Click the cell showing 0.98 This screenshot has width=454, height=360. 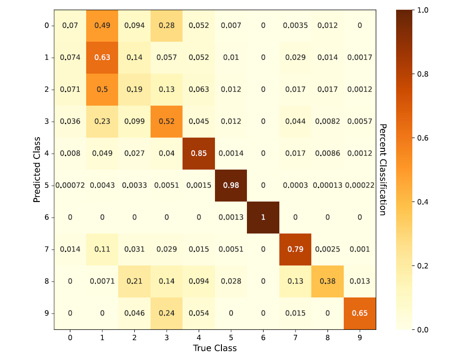[x=231, y=185]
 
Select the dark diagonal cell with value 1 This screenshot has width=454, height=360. [x=263, y=217]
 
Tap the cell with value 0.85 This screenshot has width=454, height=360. [x=199, y=153]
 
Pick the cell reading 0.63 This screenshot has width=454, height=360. [x=102, y=57]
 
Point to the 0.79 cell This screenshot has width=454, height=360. [x=296, y=249]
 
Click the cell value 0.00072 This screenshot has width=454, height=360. [x=70, y=185]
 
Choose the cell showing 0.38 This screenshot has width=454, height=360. [x=328, y=281]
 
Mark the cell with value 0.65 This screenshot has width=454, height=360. [x=360, y=313]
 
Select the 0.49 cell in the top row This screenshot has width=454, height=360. [x=102, y=25]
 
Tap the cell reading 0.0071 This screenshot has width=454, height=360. [x=102, y=281]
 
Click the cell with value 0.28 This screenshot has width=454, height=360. [x=166, y=25]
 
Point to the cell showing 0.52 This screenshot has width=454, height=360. [x=166, y=121]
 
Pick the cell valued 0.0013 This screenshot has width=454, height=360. [x=231, y=217]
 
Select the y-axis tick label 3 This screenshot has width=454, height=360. [x=46, y=121]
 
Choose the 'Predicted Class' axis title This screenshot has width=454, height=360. [x=37, y=170]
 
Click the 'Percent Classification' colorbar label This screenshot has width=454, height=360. [x=383, y=170]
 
